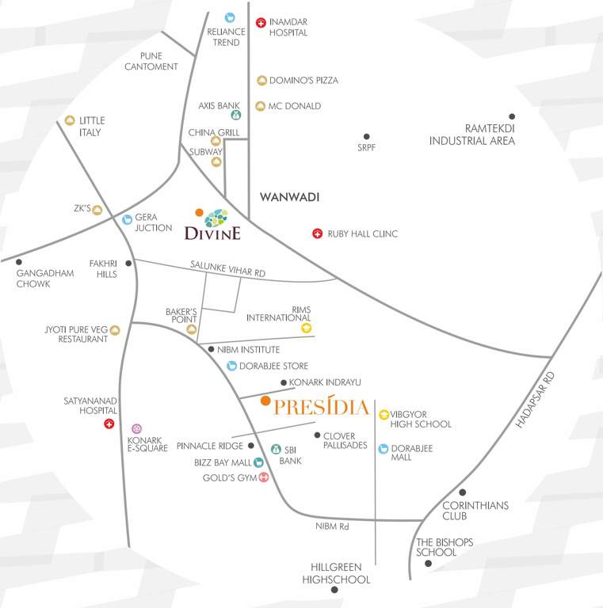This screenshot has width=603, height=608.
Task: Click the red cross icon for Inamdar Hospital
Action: tap(261, 22)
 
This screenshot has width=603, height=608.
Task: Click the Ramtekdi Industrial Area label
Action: tap(472, 135)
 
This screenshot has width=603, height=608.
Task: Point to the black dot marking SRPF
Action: tap(366, 137)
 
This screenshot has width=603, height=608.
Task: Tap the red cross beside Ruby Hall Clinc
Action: tap(317, 234)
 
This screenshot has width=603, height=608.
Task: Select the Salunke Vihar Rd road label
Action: tap(228, 270)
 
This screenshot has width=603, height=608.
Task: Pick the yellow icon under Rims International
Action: tap(307, 328)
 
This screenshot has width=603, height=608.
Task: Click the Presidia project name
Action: tap(322, 408)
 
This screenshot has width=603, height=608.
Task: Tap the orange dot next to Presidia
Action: tap(265, 401)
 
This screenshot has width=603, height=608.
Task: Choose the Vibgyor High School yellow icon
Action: tap(384, 413)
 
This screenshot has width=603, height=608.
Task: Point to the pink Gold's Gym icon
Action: tap(264, 477)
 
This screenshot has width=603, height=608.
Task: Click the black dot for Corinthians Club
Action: tap(463, 492)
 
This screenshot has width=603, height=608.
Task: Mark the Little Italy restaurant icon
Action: tap(70, 120)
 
